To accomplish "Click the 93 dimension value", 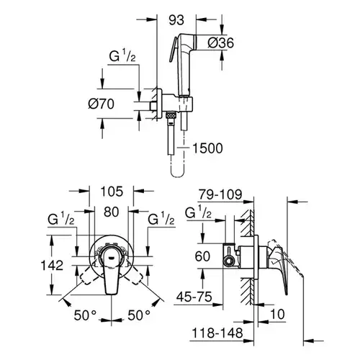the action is (176, 20).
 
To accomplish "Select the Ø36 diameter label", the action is (220, 43).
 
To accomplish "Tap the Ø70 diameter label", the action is (101, 104).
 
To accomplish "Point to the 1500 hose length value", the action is (207, 148).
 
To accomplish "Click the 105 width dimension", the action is (112, 192).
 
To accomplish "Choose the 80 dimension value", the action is (112, 212).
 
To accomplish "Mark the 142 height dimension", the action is (52, 266).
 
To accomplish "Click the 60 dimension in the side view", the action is (202, 256).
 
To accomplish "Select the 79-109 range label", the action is (220, 194).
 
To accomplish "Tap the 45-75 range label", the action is (194, 297).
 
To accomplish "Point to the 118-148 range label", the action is (217, 333).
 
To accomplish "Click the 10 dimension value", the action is (277, 314).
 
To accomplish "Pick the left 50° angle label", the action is (85, 315).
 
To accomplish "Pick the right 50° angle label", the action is (139, 315).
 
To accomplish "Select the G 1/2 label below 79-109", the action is (198, 212).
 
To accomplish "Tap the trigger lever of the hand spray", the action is (174, 50).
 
